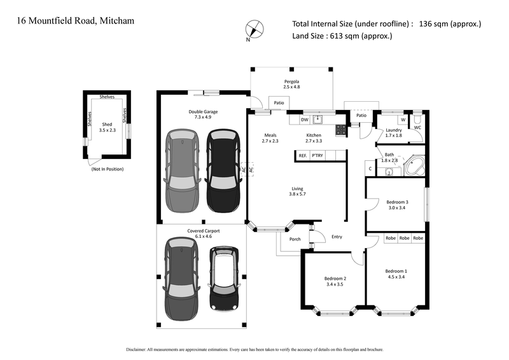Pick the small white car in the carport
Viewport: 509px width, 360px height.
pyautogui.click(x=225, y=279)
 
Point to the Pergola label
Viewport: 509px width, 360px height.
pyautogui.click(x=291, y=81)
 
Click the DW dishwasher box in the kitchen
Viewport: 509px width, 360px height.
pyautogui.click(x=304, y=119)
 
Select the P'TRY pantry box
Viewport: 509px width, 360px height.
pyautogui.click(x=317, y=155)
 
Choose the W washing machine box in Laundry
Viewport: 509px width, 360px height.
pyautogui.click(x=403, y=119)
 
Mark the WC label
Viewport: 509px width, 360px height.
pyautogui.click(x=417, y=127)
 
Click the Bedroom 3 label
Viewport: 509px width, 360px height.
pyautogui.click(x=397, y=202)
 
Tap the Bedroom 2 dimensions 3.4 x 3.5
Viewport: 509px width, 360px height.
pyautogui.click(x=335, y=286)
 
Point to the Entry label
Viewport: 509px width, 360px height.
pyautogui.click(x=337, y=237)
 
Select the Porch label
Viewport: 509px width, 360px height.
pyautogui.click(x=295, y=239)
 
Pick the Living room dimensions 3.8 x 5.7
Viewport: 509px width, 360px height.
pyautogui.click(x=297, y=194)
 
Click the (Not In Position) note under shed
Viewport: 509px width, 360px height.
pyautogui.click(x=108, y=169)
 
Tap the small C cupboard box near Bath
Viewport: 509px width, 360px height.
pyautogui.click(x=370, y=169)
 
